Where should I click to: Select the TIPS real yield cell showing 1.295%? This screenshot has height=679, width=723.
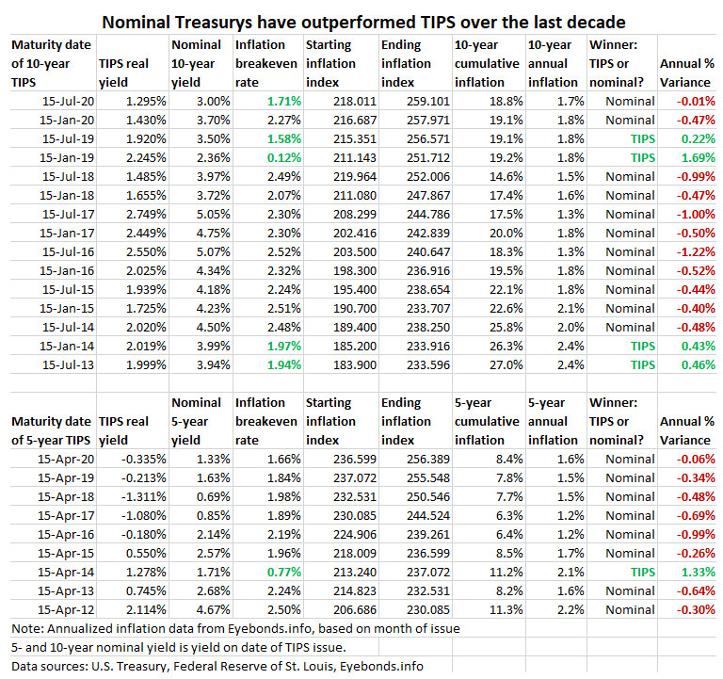click(x=143, y=101)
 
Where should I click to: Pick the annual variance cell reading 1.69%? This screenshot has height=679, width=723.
click(x=695, y=157)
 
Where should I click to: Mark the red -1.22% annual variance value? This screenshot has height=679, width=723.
click(x=693, y=251)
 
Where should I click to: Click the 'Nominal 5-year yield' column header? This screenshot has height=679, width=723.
click(x=198, y=420)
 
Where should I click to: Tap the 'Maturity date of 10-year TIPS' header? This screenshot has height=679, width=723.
click(x=47, y=62)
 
